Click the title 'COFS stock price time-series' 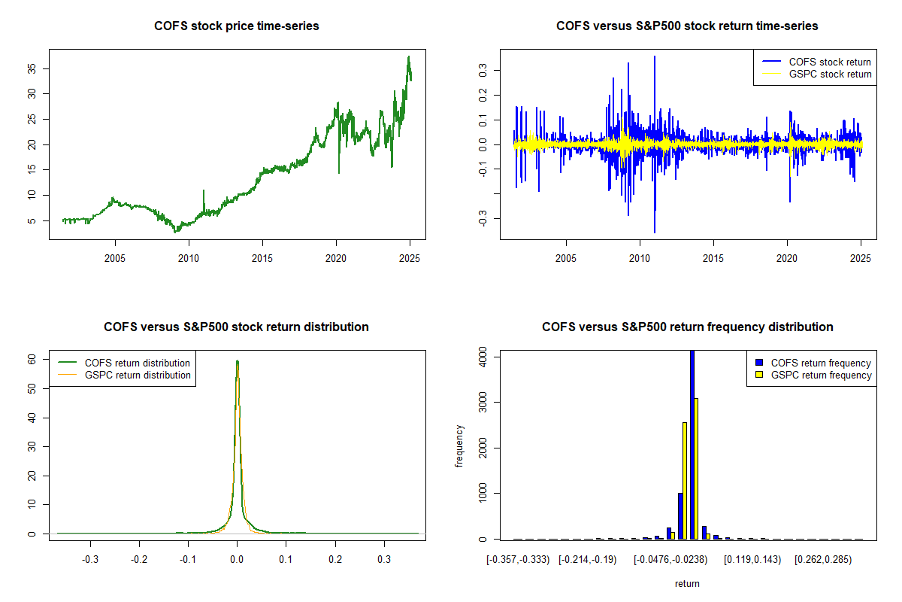237,26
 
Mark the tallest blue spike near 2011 655,57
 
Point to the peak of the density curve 238,361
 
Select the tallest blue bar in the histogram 692,444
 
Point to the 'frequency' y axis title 460,446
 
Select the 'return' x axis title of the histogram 687,583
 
